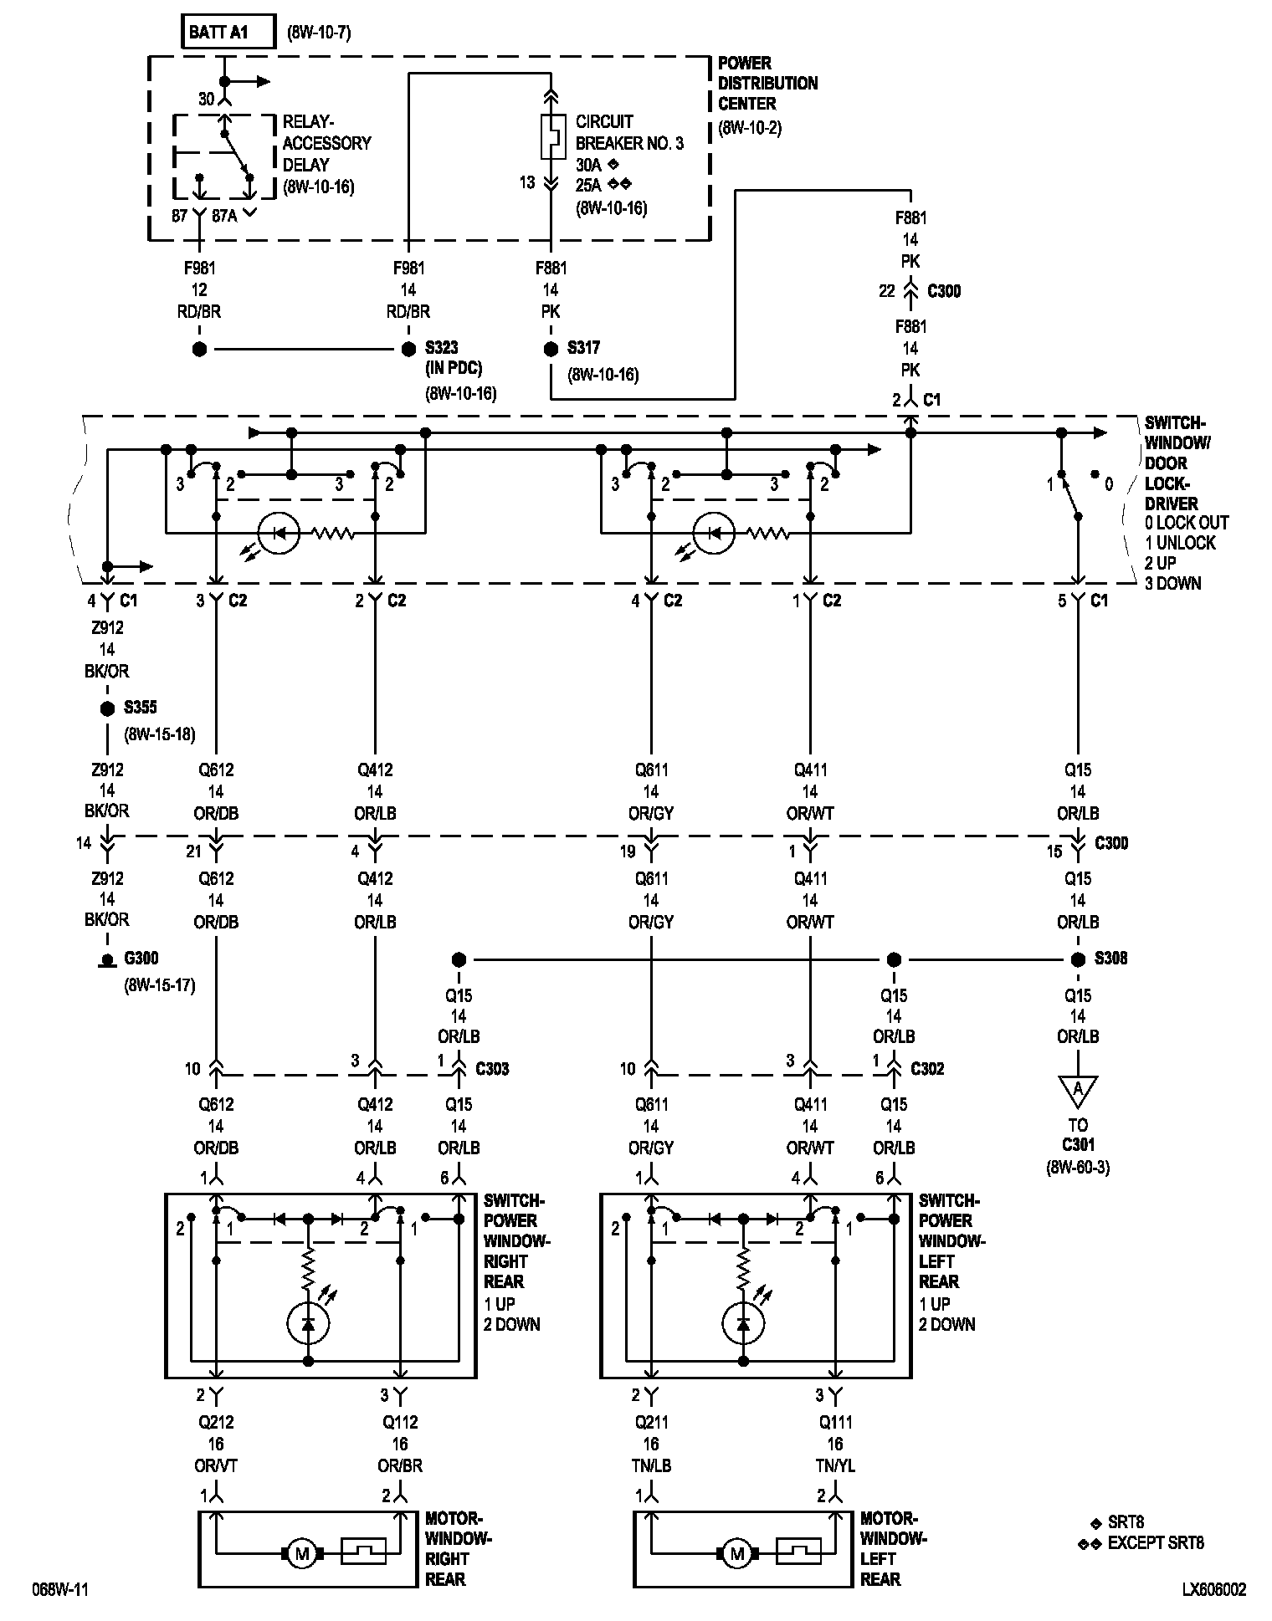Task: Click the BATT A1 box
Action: [x=228, y=33]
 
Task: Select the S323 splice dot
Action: [x=408, y=349]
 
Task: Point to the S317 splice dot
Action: [x=551, y=349]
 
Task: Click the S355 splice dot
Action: [x=107, y=708]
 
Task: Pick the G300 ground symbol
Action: [x=107, y=960]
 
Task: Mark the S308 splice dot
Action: [x=1078, y=959]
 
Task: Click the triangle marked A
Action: [x=1078, y=1090]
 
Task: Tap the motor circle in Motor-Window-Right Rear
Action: [x=301, y=1554]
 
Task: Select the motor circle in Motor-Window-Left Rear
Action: [x=736, y=1554]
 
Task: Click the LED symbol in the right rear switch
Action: [x=308, y=1322]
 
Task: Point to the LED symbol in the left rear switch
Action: [x=743, y=1322]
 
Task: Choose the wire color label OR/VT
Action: [x=216, y=1465]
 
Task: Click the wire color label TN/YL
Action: [x=834, y=1465]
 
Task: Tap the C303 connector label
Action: [x=492, y=1069]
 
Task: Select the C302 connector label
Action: [x=927, y=1069]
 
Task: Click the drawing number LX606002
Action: [x=1213, y=1589]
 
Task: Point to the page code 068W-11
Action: [x=60, y=1589]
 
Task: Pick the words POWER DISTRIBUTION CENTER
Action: [x=767, y=84]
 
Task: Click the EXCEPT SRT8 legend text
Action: [x=1155, y=1543]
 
